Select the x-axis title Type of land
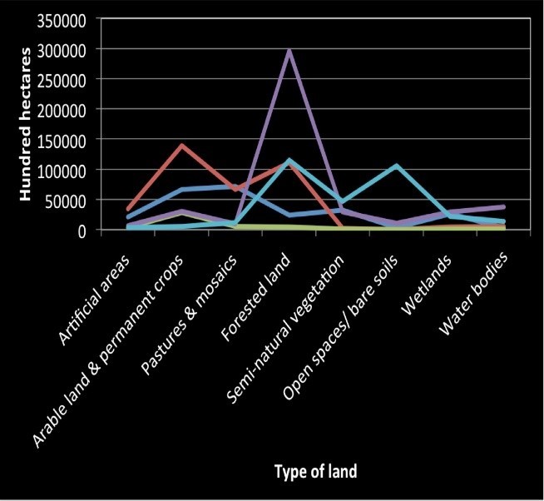click(315, 471)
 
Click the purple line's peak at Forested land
click(289, 50)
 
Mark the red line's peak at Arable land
click(181, 146)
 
